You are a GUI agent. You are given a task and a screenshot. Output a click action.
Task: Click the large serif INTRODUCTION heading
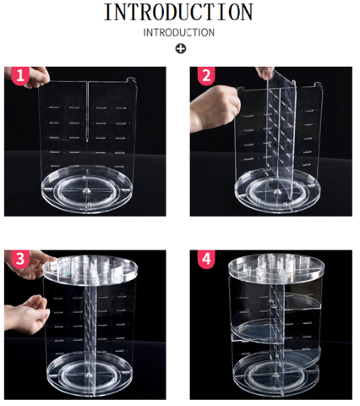[x=178, y=12]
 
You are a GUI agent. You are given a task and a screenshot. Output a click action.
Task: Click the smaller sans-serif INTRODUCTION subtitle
[x=179, y=33]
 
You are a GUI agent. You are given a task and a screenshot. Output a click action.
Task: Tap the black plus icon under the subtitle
[x=181, y=49]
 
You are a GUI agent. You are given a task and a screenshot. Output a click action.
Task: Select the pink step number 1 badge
[x=20, y=75]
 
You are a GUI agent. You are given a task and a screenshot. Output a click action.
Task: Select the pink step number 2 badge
[x=206, y=75]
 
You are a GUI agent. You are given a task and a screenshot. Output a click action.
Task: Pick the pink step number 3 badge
[x=20, y=259]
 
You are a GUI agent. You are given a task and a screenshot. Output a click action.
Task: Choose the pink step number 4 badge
[x=206, y=259]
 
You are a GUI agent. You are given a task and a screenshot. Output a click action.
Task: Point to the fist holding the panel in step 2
[x=215, y=108]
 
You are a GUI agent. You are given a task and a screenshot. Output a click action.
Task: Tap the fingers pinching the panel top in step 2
[x=265, y=72]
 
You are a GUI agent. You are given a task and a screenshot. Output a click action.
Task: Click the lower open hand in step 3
[x=27, y=315]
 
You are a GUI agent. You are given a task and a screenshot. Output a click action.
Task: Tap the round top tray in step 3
[x=90, y=270]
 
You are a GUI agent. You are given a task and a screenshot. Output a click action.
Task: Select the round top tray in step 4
[x=276, y=268]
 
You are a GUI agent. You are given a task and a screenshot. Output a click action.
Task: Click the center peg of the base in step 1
[x=86, y=191]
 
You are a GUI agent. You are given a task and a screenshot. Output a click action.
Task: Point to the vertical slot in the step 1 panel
[x=87, y=111]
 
